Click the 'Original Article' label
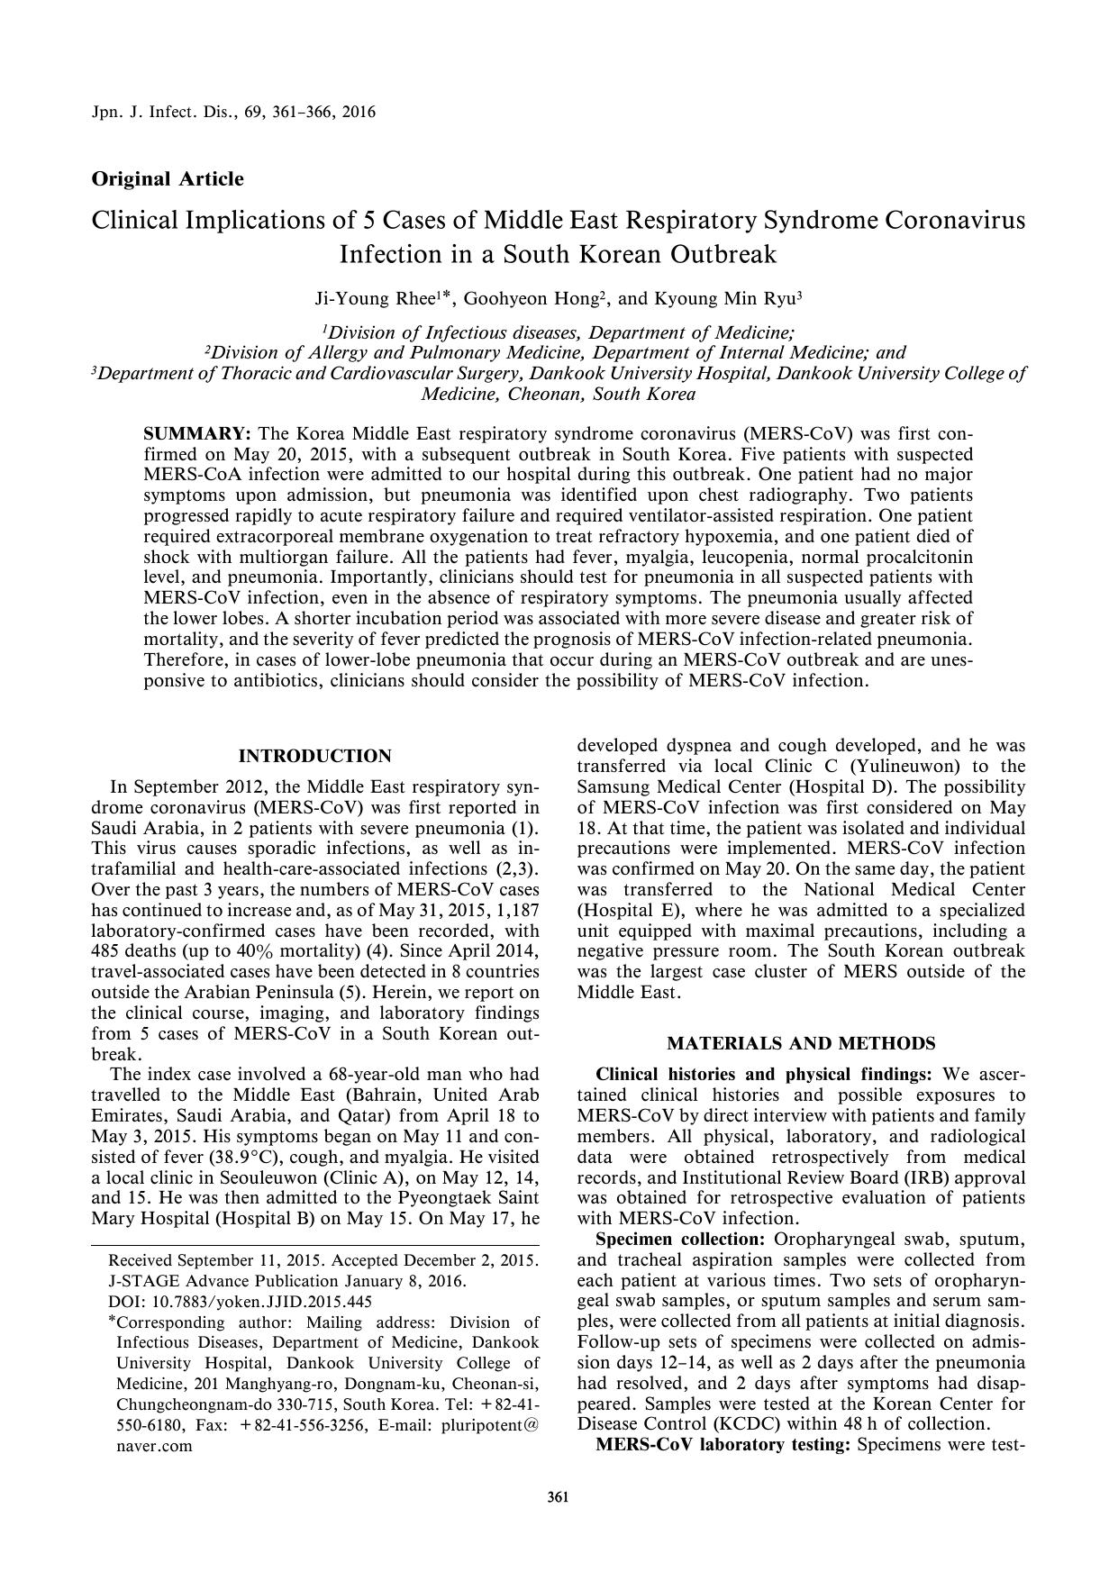[168, 178]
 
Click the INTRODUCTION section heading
[314, 756]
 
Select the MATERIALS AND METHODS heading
[801, 1043]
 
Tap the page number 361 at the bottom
[559, 1498]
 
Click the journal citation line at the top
[234, 113]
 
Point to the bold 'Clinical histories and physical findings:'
[764, 1075]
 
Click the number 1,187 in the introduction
[514, 910]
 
